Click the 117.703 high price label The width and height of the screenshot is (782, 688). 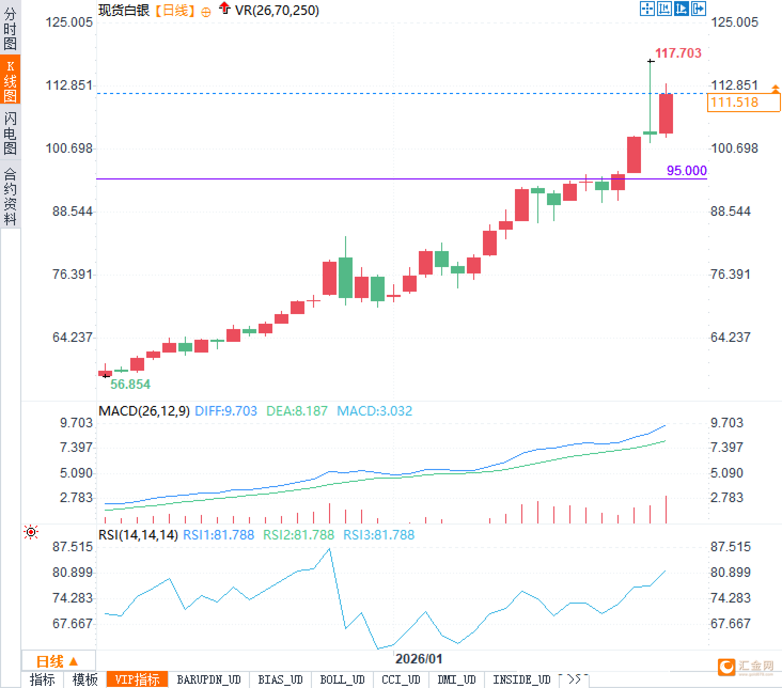pyautogui.click(x=678, y=53)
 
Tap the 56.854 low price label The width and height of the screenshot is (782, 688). pyautogui.click(x=130, y=384)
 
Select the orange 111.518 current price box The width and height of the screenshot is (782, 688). pyautogui.click(x=743, y=102)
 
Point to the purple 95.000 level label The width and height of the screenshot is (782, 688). pyautogui.click(x=686, y=170)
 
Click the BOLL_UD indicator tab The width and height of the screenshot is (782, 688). pyautogui.click(x=342, y=679)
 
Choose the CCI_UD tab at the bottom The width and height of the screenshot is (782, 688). pyautogui.click(x=401, y=679)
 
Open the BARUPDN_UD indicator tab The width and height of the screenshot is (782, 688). pyautogui.click(x=209, y=679)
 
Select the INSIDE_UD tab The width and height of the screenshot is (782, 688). pyautogui.click(x=521, y=679)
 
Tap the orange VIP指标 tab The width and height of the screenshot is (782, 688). pyautogui.click(x=137, y=679)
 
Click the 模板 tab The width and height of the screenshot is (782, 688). pyautogui.click(x=85, y=679)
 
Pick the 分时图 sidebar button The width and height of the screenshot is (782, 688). pyautogui.click(x=10, y=29)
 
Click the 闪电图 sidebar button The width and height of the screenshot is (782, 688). pyautogui.click(x=10, y=133)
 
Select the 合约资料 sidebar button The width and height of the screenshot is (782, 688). pyautogui.click(x=10, y=197)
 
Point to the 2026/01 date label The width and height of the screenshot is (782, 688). pyautogui.click(x=419, y=659)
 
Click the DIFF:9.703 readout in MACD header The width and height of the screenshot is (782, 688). pyautogui.click(x=226, y=411)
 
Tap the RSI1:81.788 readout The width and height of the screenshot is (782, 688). pyautogui.click(x=218, y=535)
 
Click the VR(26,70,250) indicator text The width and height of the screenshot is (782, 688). pyautogui.click(x=277, y=10)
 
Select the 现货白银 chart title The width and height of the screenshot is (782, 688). pyautogui.click(x=124, y=10)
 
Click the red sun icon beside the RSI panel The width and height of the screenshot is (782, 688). pyautogui.click(x=31, y=532)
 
